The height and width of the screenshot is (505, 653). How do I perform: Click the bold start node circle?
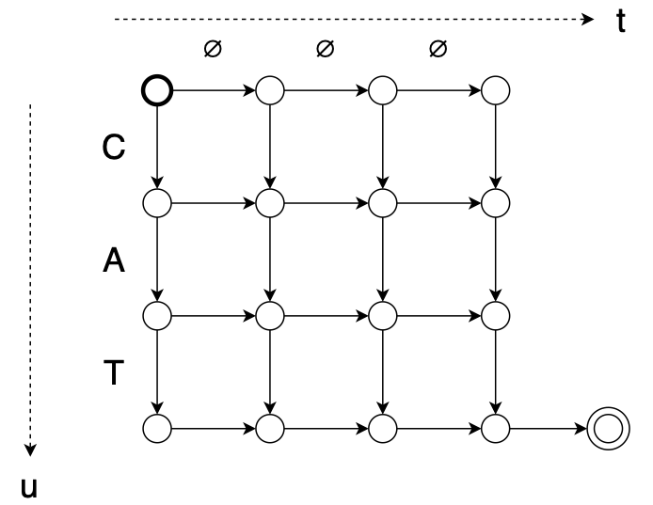tap(157, 90)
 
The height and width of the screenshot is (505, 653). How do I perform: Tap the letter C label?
tap(112, 150)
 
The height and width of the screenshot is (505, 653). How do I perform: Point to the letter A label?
tap(112, 262)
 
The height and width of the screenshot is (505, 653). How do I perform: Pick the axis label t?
tap(621, 21)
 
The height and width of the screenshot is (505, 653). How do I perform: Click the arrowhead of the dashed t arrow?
tap(590, 18)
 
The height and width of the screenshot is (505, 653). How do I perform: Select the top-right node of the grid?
tap(495, 90)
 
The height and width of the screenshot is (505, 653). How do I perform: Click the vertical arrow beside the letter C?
tap(157, 146)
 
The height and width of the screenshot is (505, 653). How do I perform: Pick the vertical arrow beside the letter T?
tap(157, 371)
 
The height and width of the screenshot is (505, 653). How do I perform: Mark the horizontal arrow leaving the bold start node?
tap(213, 90)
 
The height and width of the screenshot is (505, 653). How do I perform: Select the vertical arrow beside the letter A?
tap(157, 259)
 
